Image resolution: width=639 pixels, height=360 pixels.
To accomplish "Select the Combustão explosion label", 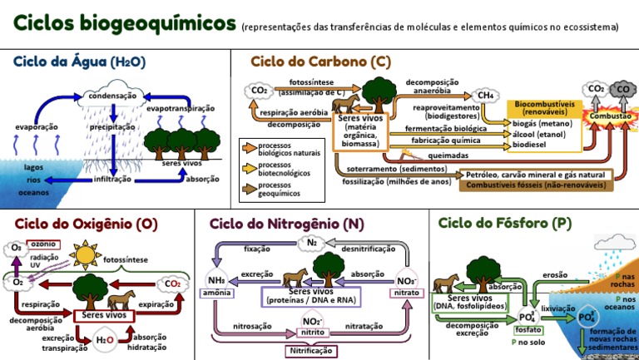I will click(610, 117).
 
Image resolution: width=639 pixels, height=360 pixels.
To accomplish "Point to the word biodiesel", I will click(529, 144).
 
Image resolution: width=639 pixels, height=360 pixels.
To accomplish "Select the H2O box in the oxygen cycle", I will click(105, 339).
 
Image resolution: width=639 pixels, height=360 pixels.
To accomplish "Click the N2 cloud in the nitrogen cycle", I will click(312, 244).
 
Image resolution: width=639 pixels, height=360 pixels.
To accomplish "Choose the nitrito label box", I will click(312, 333).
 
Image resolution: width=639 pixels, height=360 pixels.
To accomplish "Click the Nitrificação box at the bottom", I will click(312, 352).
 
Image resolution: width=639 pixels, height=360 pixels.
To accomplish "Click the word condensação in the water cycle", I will click(112, 96).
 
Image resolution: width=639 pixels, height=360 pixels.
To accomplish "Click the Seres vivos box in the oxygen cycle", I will click(105, 315).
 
